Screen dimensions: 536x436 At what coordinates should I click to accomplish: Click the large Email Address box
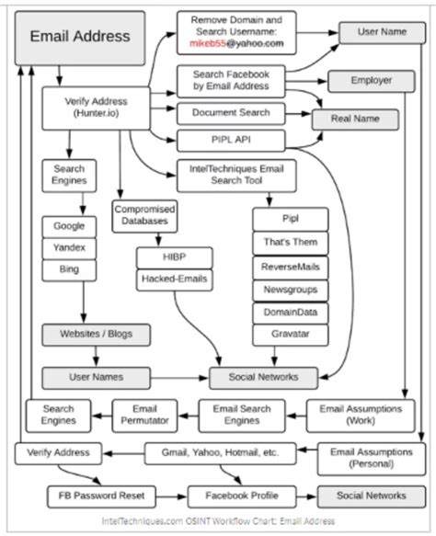click(81, 38)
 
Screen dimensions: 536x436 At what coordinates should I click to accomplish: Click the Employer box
click(371, 81)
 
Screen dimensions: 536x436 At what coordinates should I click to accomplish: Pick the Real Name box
click(356, 119)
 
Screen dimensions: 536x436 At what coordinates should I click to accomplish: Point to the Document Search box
click(231, 112)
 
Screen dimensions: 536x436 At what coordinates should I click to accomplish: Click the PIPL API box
click(231, 140)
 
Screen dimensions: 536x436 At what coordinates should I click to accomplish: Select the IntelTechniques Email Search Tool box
click(231, 175)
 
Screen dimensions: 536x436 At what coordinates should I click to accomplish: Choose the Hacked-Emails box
click(174, 279)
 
